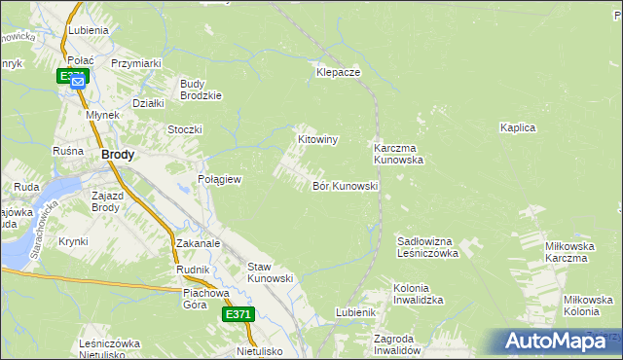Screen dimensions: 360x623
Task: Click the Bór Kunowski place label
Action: point(345,186)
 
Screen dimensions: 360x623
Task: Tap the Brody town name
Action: point(118,155)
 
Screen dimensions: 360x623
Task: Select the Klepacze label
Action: point(339,73)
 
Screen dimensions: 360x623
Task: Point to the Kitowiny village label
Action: point(317,140)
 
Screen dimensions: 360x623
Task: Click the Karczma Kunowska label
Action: point(398,154)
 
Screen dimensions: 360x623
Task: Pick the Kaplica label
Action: point(518,127)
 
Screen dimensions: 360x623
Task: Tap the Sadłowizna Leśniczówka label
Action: point(427,246)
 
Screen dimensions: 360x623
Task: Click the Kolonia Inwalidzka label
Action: point(419,295)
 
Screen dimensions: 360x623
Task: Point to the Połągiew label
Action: point(219,180)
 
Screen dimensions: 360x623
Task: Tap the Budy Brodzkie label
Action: point(202,90)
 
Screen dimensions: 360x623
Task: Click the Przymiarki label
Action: point(135,63)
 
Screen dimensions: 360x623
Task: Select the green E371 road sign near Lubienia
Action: point(74,74)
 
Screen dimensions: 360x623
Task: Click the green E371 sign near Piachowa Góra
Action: point(238,314)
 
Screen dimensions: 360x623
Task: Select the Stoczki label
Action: point(185,129)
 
